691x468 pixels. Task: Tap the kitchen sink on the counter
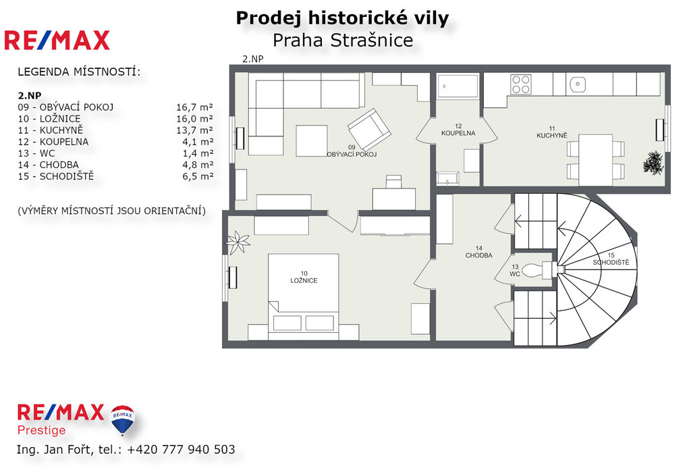click(x=578, y=84)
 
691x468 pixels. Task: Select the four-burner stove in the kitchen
click(x=520, y=84)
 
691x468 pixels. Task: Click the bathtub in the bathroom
click(x=458, y=86)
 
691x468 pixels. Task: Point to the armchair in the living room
click(x=369, y=129)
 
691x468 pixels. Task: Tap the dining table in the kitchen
click(x=595, y=159)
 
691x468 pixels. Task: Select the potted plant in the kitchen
click(x=653, y=163)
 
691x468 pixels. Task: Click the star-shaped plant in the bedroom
click(x=238, y=242)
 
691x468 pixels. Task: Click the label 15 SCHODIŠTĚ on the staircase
click(x=611, y=259)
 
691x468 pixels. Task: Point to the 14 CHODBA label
click(x=478, y=252)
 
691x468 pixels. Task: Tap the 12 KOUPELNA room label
click(x=458, y=130)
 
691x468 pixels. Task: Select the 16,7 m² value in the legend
click(x=194, y=107)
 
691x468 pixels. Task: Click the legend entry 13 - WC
click(x=36, y=153)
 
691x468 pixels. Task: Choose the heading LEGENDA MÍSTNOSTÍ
click(x=80, y=72)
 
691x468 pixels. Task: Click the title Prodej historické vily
click(x=342, y=18)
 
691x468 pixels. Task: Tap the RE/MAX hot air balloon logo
click(x=123, y=419)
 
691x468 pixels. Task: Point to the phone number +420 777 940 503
click(x=181, y=450)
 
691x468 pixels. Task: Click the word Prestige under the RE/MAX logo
click(x=41, y=430)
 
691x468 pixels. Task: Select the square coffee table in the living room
click(x=312, y=140)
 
